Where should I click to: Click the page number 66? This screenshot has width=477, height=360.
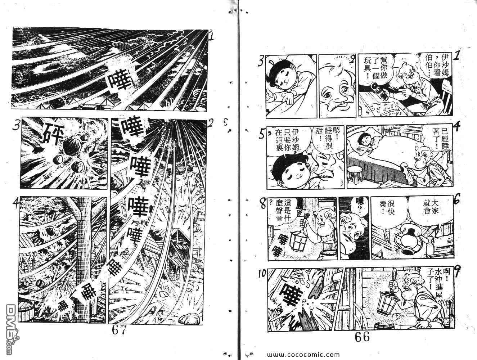coord(362,337)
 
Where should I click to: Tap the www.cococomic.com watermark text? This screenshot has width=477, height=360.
coord(303,355)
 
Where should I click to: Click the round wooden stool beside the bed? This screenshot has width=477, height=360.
coord(355,176)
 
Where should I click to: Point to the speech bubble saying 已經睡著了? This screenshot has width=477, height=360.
coord(435,138)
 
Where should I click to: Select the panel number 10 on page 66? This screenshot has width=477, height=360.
coord(262,274)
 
